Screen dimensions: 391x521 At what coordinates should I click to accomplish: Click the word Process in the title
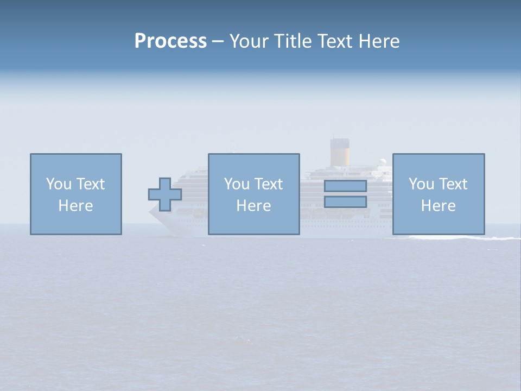coord(170,41)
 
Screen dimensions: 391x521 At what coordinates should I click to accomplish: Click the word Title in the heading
coord(292,41)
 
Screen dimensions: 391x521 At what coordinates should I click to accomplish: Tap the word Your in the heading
coord(249,41)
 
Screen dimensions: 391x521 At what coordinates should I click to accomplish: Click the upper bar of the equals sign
coord(345,186)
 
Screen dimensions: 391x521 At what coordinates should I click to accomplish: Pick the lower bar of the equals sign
coord(345,202)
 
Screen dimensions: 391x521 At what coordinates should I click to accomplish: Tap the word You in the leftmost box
coord(59,184)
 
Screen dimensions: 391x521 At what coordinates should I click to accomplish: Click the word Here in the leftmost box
coord(76,206)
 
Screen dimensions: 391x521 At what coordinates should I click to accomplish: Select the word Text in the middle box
coord(268,184)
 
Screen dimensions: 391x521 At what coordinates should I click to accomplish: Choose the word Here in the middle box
coord(254,206)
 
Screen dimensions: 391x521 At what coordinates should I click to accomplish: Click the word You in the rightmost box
coord(422,184)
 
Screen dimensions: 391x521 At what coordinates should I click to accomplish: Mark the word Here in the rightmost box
coord(439,206)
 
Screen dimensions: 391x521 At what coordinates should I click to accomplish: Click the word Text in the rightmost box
coord(453,184)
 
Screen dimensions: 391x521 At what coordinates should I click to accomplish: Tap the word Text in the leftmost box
coord(90,184)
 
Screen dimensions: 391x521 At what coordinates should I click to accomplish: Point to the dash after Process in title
coord(218,42)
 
